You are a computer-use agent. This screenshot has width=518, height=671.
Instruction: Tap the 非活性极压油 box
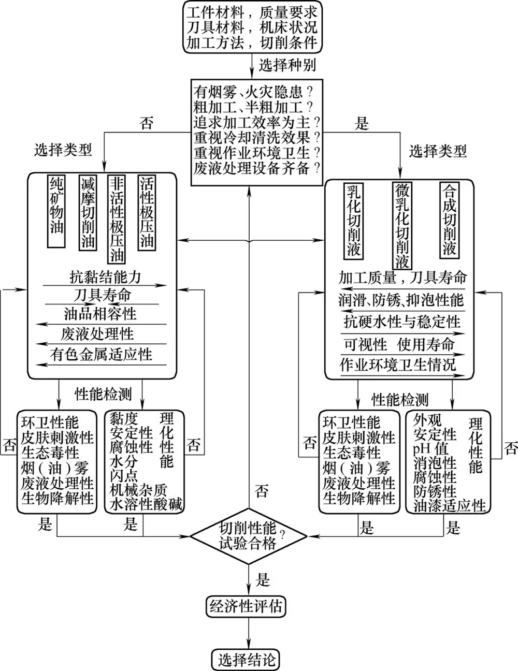[x=118, y=219]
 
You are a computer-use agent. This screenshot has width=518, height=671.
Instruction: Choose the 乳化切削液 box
[x=354, y=220]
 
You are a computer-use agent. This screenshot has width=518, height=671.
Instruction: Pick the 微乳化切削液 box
[x=401, y=224]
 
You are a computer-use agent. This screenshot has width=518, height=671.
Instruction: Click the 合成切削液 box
[x=449, y=220]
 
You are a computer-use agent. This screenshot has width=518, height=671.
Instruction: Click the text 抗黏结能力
[x=105, y=276]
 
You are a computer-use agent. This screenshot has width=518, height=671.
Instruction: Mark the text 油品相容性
[x=99, y=314]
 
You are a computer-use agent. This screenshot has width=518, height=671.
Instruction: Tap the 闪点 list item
[x=123, y=475]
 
